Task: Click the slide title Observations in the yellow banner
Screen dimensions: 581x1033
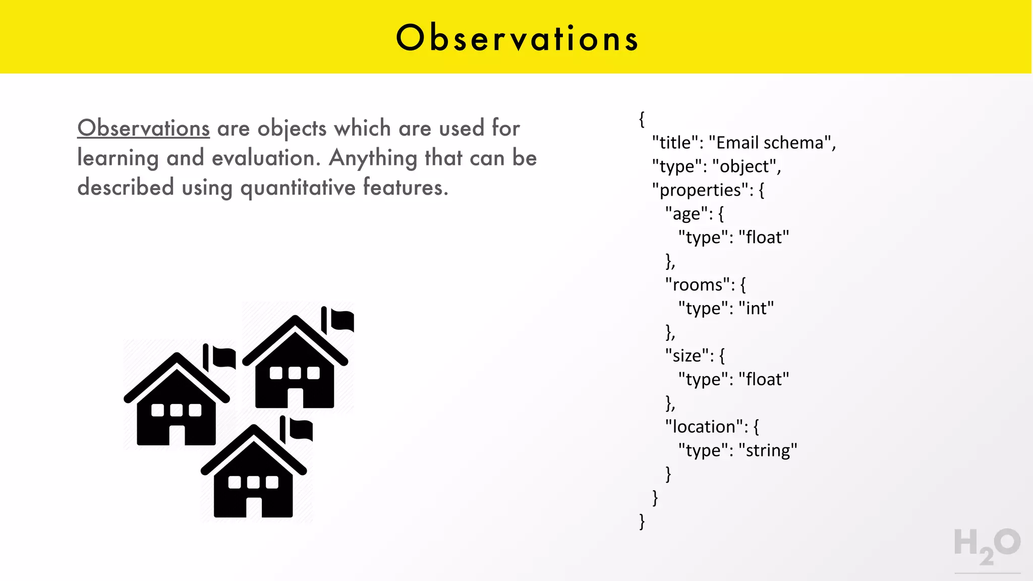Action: [517, 38]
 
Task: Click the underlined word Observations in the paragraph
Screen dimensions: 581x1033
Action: [143, 128]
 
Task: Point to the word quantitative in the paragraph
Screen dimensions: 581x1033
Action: [298, 188]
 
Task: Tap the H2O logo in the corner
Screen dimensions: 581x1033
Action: [987, 546]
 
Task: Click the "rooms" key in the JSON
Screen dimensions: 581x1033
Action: [698, 285]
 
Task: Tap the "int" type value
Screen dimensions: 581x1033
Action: [756, 308]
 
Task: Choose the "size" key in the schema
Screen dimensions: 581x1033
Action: [686, 356]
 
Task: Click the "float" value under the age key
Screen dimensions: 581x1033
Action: [764, 237]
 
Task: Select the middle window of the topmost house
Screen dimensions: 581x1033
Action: [295, 373]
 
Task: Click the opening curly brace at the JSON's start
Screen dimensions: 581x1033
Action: [642, 120]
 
